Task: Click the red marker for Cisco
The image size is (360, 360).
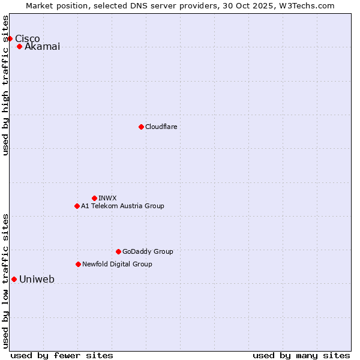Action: coord(10,38)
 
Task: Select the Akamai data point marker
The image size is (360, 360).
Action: coord(19,46)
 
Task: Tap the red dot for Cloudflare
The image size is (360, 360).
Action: coord(141,127)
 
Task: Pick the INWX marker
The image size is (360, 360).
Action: coord(94,198)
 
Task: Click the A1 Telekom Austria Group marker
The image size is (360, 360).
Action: coord(77,206)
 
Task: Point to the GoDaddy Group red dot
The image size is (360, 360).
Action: coord(118,251)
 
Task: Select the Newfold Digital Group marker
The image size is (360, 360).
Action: coord(78,264)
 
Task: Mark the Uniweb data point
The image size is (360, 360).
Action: coord(14,279)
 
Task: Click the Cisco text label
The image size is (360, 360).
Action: coord(28,39)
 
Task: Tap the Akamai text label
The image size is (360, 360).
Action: coord(42,47)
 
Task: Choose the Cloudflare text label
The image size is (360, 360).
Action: coord(161,127)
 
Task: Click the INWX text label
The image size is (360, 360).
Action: coord(107,199)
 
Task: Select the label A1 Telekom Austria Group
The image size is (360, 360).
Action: coord(122,206)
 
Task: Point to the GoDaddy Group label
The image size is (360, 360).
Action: coord(148,252)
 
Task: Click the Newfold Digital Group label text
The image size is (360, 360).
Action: coord(117,265)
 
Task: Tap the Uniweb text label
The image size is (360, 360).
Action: coord(37,280)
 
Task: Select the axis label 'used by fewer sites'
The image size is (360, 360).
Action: coord(62,355)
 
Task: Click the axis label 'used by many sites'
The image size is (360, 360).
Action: coord(301,355)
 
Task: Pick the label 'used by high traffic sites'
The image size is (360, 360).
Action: coord(6,85)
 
